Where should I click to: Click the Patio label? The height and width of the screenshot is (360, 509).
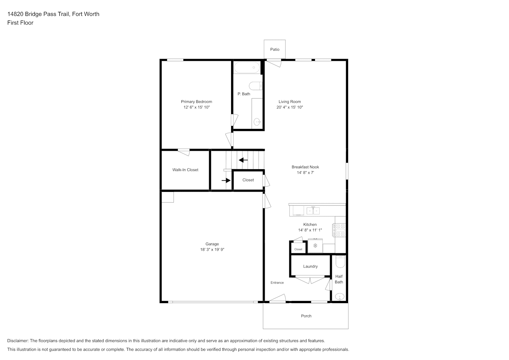[275, 49]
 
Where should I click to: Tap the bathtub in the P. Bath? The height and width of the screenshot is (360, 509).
[247, 68]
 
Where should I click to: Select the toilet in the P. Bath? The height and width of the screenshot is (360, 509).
[256, 86]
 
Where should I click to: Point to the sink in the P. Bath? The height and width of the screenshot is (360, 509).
[257, 122]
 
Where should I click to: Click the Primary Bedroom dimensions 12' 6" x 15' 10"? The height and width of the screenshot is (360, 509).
[197, 107]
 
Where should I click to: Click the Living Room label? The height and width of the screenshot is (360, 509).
[290, 102]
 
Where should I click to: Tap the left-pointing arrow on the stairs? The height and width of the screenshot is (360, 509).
[243, 160]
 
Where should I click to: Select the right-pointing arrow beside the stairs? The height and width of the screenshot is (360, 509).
[226, 180]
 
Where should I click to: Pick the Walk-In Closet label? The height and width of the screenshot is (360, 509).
[185, 170]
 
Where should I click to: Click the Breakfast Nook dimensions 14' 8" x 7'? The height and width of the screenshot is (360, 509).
[305, 172]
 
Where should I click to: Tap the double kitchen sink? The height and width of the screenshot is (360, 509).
[313, 211]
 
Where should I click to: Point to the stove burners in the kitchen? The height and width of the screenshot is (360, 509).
[339, 230]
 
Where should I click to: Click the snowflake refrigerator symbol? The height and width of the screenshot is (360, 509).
[315, 246]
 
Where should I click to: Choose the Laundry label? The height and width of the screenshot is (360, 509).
[310, 266]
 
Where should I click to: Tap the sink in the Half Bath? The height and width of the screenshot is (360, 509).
[340, 297]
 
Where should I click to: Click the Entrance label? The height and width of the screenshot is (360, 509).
[277, 283]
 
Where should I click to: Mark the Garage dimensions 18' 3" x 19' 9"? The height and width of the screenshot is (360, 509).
[212, 249]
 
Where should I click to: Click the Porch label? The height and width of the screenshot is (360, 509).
[306, 316]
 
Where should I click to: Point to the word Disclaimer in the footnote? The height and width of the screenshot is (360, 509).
[18, 341]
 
